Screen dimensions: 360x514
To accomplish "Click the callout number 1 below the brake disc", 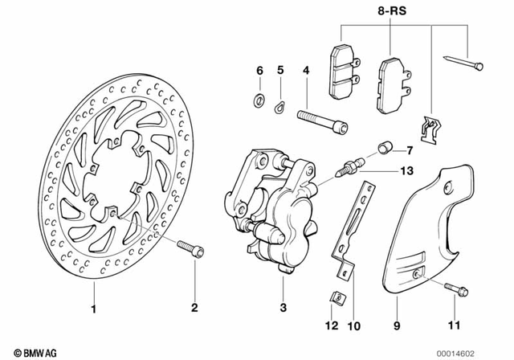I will [x=93, y=309].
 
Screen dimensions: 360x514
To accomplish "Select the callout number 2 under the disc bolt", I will [x=194, y=309].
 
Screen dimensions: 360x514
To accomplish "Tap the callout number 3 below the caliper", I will [x=284, y=309].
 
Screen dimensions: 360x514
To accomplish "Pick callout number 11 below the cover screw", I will [x=455, y=325].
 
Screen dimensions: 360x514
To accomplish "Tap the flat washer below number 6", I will [x=259, y=100].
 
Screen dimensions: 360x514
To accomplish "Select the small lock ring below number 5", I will [x=279, y=103].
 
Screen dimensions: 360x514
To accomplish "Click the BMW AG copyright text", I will [x=25, y=352].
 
